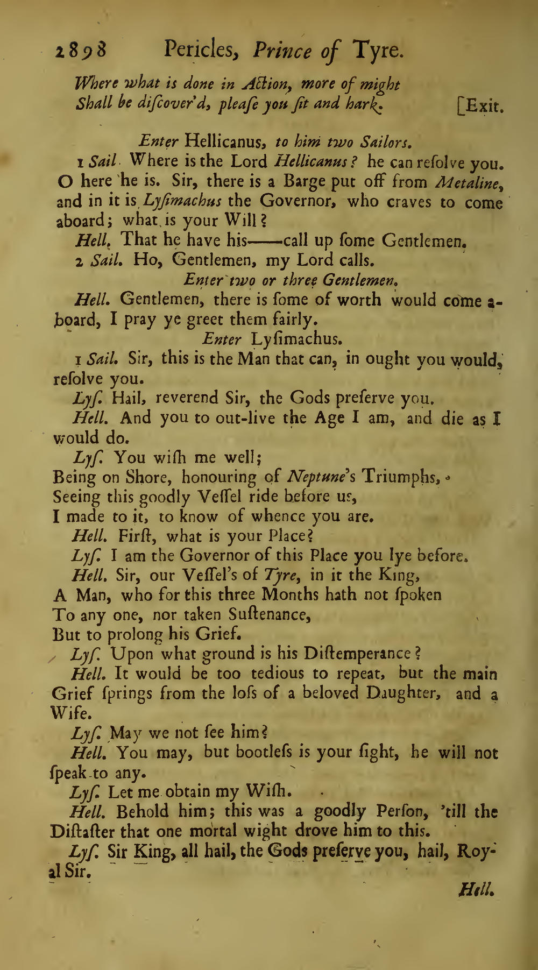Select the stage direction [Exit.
coord(479,105)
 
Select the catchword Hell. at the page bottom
coord(476,891)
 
